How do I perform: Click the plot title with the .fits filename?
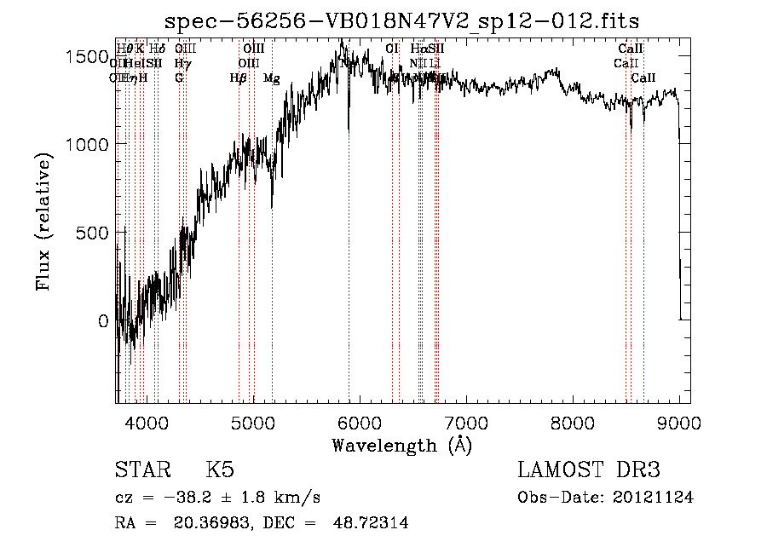tap(402, 20)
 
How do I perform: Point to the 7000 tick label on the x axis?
tap(466, 422)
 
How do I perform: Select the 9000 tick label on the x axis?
tap(679, 422)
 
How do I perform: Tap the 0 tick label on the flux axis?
tap(103, 321)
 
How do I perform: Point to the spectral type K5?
tap(220, 470)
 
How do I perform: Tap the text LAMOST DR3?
tap(589, 470)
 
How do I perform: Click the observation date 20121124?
tap(655, 498)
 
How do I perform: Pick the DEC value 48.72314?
tap(371, 523)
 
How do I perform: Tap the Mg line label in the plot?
tap(271, 78)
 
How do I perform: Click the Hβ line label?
tap(239, 78)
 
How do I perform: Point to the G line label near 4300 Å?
tap(179, 78)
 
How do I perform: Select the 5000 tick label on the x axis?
tap(254, 422)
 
